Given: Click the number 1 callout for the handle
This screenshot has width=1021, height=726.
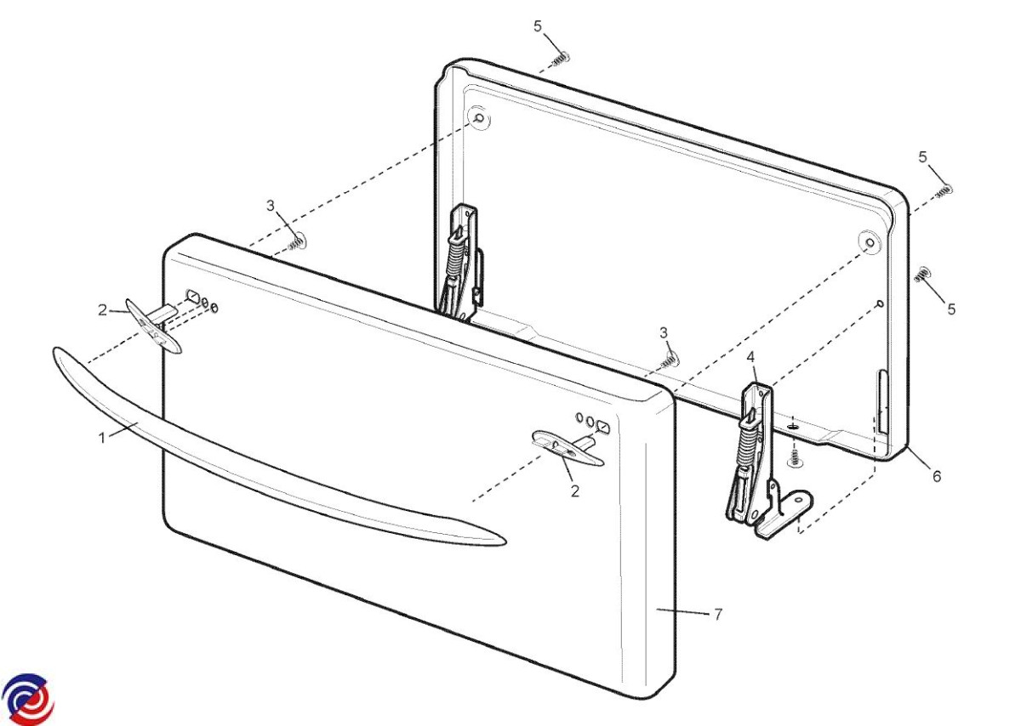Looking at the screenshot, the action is click(102, 438).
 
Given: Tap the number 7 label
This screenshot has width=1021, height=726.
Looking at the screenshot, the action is click(718, 615).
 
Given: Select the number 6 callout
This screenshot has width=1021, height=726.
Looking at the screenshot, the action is click(937, 476).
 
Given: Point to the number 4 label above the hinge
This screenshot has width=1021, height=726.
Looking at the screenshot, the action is click(751, 358).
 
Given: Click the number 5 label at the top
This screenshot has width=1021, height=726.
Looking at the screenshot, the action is click(538, 26).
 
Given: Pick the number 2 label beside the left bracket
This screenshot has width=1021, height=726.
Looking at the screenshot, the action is click(103, 310).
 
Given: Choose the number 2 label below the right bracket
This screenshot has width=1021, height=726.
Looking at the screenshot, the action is click(575, 491).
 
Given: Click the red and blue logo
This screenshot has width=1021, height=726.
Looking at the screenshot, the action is click(28, 699).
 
